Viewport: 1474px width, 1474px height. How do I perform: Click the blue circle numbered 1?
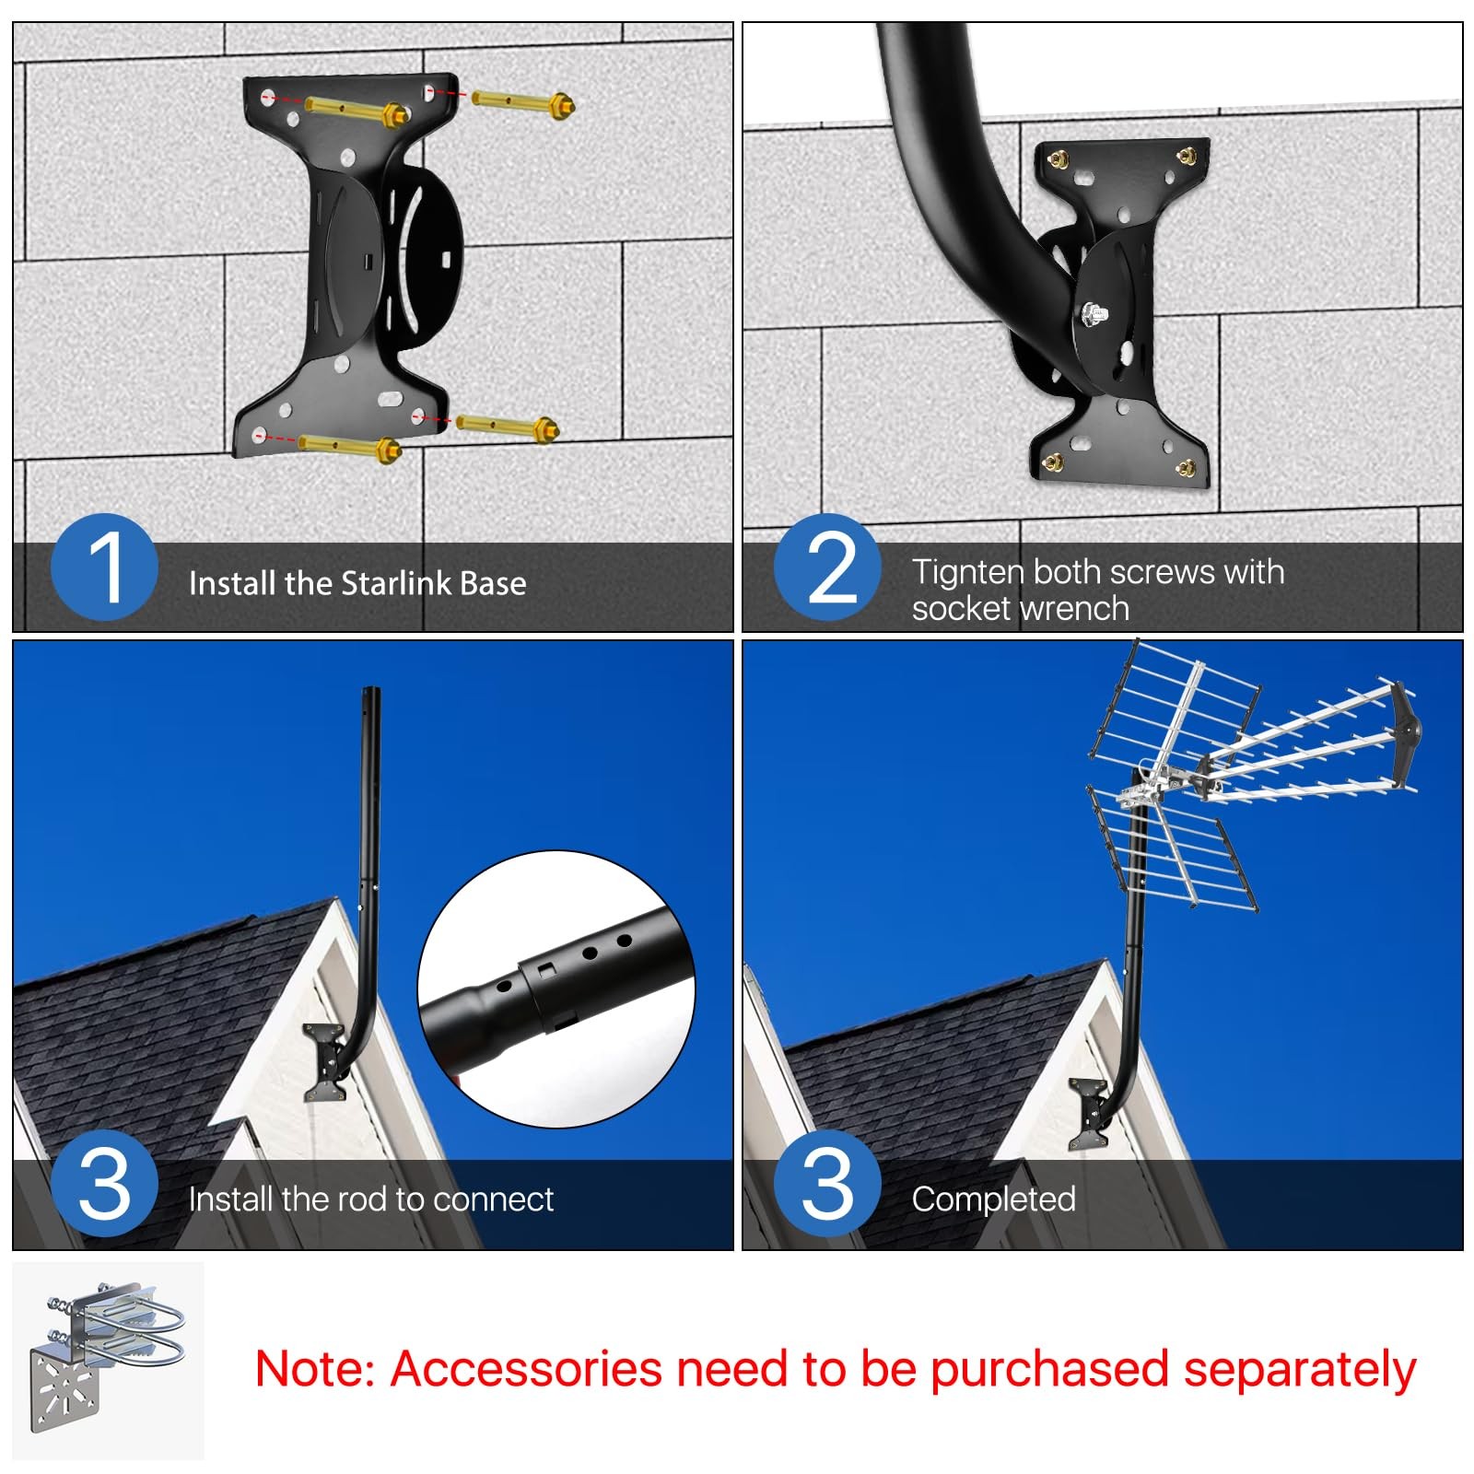tap(105, 567)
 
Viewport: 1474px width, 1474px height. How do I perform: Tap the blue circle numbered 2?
tap(827, 567)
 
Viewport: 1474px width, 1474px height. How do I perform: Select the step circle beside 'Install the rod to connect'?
tap(105, 1183)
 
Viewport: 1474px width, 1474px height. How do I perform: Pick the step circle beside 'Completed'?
tap(827, 1183)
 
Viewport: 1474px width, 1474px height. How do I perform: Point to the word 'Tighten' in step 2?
tap(969, 572)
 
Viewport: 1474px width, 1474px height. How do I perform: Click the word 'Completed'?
tap(994, 1199)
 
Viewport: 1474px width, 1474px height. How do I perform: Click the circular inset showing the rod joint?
tap(556, 989)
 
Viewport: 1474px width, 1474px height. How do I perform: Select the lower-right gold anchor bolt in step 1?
tap(508, 427)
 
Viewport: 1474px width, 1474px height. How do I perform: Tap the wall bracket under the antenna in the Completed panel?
tap(1090, 1116)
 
